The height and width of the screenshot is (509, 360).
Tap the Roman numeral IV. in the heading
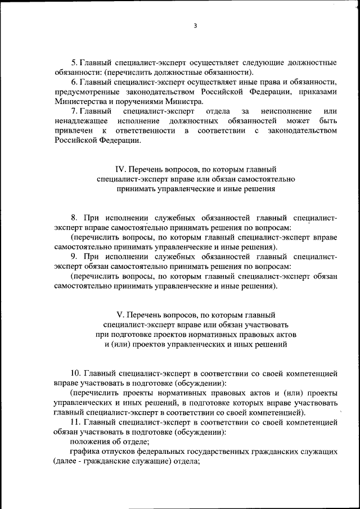(x=120, y=169)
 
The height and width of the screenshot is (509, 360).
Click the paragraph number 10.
(x=75, y=373)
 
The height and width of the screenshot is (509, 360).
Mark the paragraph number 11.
(x=75, y=421)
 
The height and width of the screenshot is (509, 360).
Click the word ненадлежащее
(x=80, y=121)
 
